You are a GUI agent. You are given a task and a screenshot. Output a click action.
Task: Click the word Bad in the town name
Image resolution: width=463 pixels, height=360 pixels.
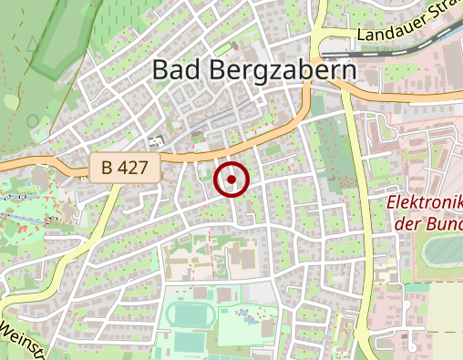172,70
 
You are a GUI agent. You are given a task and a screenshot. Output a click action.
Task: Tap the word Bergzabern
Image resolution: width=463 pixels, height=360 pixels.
280,70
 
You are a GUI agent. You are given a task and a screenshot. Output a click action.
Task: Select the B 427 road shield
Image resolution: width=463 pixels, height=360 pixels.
126,168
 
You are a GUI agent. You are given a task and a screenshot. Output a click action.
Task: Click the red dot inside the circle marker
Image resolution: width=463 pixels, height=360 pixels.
231,180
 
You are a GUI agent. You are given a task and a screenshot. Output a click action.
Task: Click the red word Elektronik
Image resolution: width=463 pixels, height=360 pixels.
425,201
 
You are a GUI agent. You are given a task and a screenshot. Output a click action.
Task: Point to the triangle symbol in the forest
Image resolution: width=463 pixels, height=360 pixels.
33,43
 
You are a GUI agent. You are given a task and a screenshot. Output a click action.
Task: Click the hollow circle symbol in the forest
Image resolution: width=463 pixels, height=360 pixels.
33,119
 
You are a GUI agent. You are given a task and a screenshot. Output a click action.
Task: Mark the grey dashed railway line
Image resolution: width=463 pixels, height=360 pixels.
401,53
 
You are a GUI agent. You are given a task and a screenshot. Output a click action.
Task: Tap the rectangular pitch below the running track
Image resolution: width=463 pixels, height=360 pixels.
190,344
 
